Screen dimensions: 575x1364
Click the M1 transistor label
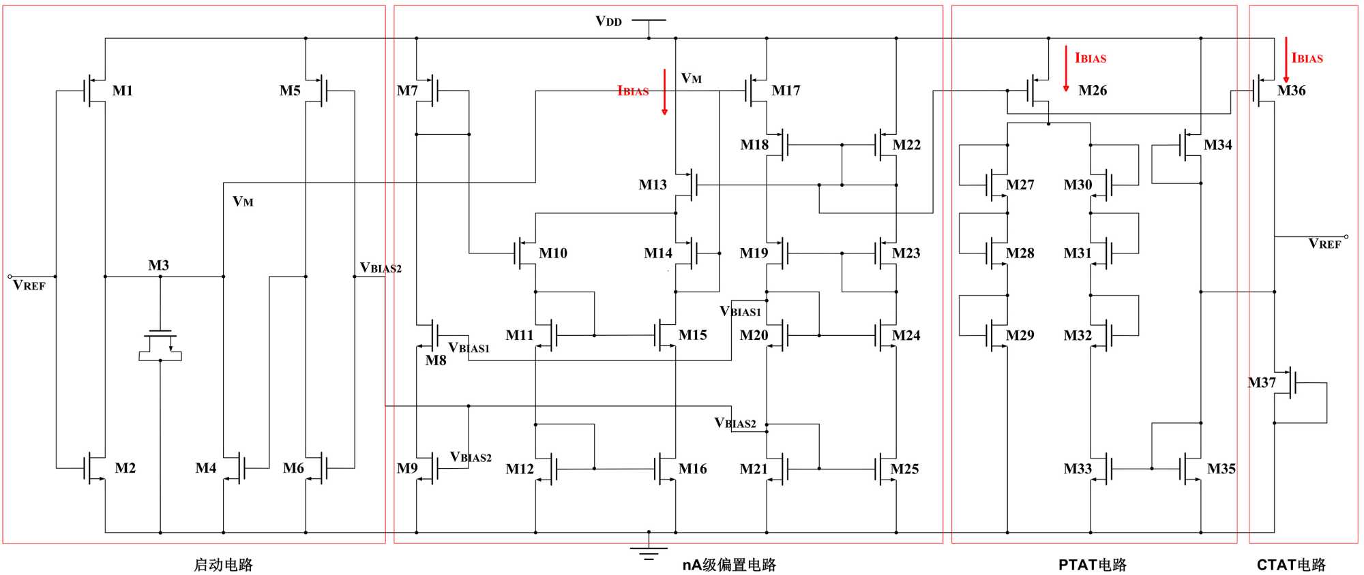tap(123, 91)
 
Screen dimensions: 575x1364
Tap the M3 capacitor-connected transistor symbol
tap(160, 344)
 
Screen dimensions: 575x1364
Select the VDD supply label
tap(608, 21)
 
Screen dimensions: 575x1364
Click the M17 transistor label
tap(786, 91)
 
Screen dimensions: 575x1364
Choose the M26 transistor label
tap(1093, 91)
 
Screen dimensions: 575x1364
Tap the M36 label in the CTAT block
tap(1291, 91)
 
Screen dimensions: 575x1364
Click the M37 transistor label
tap(1262, 383)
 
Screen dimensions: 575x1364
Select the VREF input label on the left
tap(29, 285)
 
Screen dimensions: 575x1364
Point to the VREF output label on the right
tap(1324, 244)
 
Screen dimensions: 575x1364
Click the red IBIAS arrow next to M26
tap(1066, 68)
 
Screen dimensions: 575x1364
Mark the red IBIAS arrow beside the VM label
tap(664, 92)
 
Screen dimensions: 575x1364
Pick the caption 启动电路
tap(223, 565)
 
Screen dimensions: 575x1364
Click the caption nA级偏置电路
tap(729, 565)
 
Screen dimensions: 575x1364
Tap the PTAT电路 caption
tap(1092, 565)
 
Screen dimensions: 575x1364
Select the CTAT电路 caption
tap(1291, 565)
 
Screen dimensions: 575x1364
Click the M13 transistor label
tap(653, 185)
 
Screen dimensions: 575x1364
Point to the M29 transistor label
tap(1020, 335)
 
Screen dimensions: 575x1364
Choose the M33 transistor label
tap(1078, 469)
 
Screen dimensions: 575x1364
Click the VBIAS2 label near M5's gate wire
tap(381, 268)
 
